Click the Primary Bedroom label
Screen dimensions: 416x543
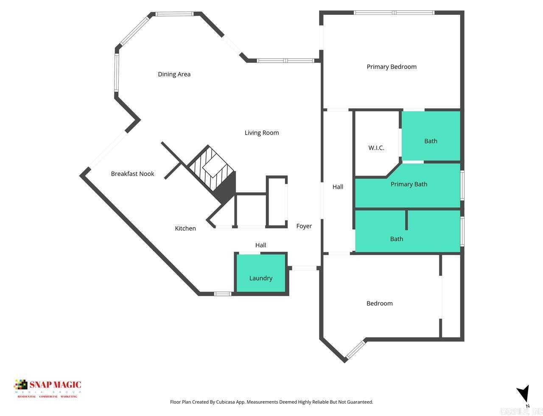coord(392,67)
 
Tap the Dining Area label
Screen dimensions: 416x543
coord(174,74)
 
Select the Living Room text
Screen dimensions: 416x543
coord(262,133)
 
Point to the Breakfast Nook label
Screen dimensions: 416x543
coord(132,174)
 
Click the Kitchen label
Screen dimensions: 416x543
coord(185,228)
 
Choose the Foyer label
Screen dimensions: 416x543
coord(304,226)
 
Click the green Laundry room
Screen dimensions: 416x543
coord(261,273)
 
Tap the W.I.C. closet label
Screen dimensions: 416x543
coord(376,148)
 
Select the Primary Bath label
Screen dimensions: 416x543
coord(409,184)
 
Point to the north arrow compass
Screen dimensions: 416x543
coord(524,394)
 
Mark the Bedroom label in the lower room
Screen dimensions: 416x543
coord(379,304)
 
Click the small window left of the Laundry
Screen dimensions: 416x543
coord(222,293)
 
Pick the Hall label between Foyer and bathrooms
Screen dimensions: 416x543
coord(338,187)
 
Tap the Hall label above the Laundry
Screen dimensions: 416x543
coord(260,245)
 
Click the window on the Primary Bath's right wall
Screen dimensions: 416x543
coord(462,185)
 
